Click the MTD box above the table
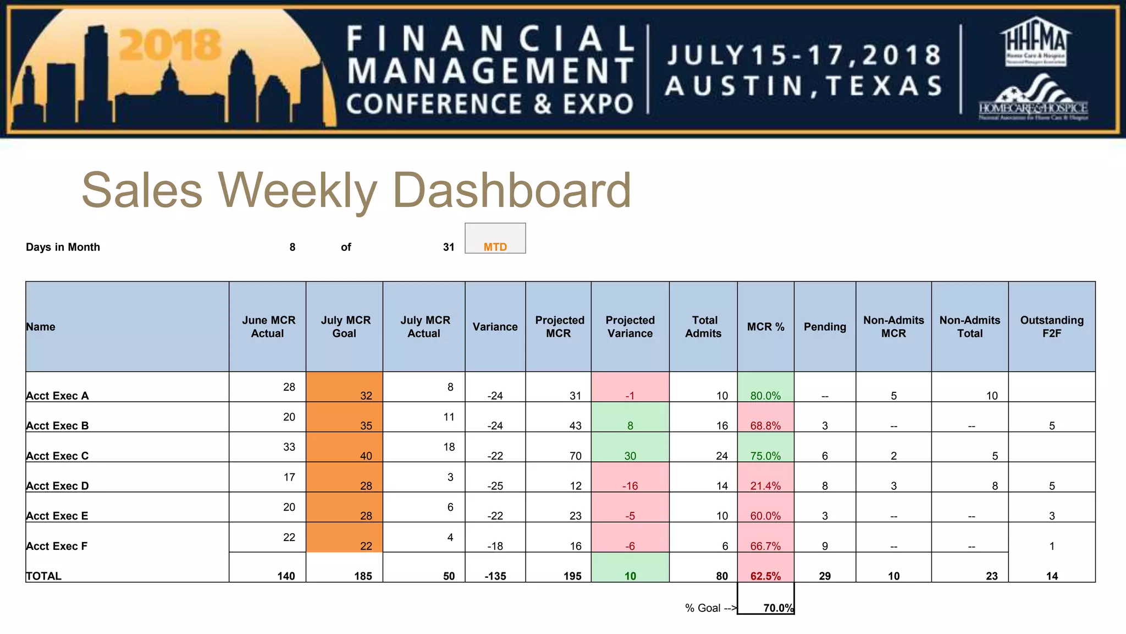click(495, 239)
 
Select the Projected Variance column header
click(630, 326)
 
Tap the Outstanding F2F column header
click(1051, 326)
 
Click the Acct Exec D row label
click(57, 485)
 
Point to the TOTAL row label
click(44, 576)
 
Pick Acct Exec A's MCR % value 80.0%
click(765, 395)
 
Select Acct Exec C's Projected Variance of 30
click(630, 456)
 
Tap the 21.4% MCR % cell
click(765, 485)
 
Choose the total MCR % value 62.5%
click(765, 576)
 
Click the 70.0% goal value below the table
click(777, 608)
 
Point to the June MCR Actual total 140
click(286, 576)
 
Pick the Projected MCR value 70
click(575, 456)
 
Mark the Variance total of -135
click(495, 576)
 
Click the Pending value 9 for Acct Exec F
click(825, 546)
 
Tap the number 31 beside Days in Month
click(449, 247)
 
